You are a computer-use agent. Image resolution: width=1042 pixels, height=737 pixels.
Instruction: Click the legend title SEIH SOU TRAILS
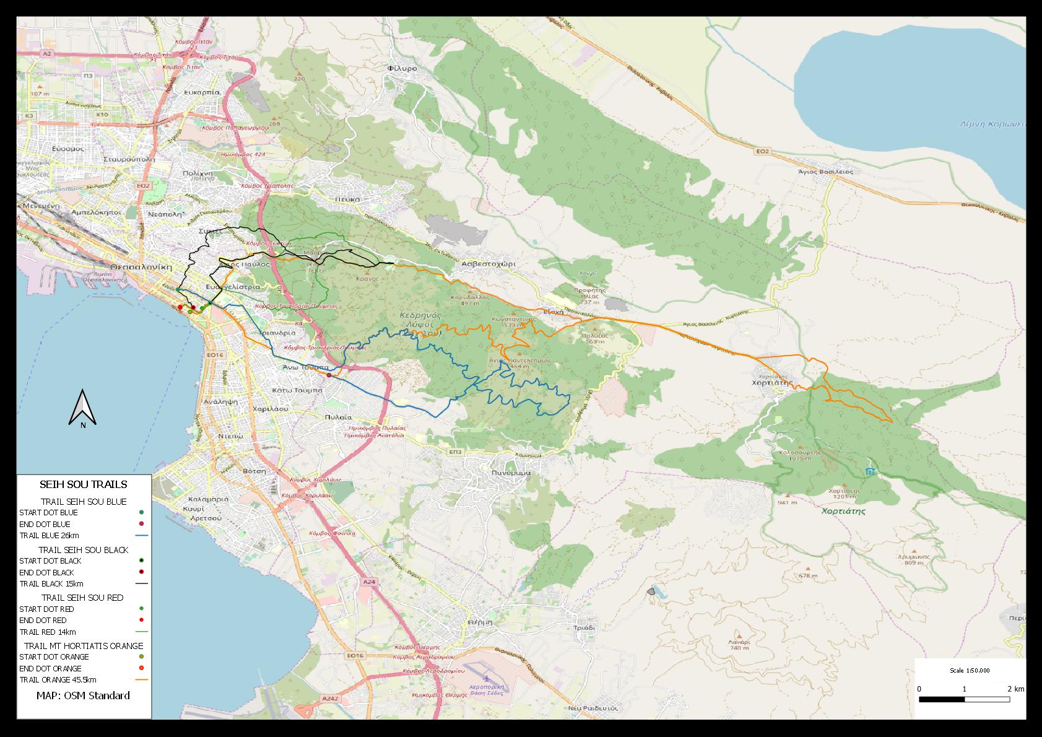[83, 484]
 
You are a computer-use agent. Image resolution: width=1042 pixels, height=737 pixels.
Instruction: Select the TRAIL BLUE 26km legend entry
[50, 536]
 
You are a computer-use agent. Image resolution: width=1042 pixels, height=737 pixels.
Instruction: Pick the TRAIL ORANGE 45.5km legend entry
[58, 679]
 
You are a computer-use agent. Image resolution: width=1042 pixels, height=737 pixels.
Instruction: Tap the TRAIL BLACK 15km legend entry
[51, 584]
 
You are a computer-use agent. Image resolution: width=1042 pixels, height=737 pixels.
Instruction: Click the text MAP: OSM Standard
[83, 696]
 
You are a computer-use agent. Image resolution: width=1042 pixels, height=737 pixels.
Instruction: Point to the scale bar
[964, 700]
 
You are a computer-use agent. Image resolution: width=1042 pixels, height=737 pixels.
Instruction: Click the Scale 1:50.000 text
[970, 671]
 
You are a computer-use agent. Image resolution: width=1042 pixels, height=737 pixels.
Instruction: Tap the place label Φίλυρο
[402, 68]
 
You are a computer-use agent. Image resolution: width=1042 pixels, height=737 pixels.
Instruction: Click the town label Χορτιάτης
[772, 383]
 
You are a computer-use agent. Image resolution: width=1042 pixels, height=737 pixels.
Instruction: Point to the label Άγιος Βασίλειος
[825, 172]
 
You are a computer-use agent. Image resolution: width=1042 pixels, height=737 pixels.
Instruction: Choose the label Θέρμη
[480, 621]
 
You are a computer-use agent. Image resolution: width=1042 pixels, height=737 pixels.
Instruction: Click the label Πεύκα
[348, 199]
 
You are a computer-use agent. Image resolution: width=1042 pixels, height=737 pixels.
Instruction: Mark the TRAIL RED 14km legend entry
[48, 632]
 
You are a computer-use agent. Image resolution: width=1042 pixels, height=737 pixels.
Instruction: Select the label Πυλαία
[338, 417]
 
